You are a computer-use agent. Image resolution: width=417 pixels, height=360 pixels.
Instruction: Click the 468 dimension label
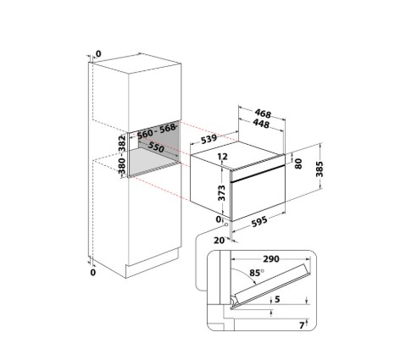tap(263, 114)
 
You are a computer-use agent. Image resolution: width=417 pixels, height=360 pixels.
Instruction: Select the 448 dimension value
tap(261, 124)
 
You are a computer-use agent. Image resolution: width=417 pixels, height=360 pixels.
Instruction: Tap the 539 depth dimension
tap(208, 139)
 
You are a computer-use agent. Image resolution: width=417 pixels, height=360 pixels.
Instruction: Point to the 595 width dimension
tap(259, 222)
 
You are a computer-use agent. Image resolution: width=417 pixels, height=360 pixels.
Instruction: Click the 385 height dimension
tap(320, 169)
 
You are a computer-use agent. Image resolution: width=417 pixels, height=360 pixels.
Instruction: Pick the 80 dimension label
tap(298, 163)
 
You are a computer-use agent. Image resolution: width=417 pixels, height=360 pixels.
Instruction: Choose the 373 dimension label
tap(222, 193)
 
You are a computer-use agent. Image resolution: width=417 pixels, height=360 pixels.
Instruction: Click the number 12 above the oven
tap(223, 157)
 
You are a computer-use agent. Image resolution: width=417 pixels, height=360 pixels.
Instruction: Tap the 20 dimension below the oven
tap(220, 241)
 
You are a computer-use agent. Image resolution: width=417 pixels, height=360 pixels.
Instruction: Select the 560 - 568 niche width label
tap(156, 131)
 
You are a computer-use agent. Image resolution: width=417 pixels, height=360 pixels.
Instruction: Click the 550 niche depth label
tap(156, 147)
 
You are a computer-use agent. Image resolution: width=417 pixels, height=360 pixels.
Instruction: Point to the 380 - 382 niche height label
tap(122, 155)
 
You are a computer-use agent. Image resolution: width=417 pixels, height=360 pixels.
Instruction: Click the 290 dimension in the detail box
tap(271, 259)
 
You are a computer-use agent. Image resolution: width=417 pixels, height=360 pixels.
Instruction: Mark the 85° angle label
tap(257, 273)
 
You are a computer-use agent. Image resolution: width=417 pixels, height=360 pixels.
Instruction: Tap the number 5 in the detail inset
tap(277, 299)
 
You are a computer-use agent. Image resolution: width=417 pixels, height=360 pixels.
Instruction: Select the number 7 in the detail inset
tap(302, 325)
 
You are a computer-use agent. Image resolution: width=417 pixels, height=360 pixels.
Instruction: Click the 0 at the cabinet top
tap(98, 53)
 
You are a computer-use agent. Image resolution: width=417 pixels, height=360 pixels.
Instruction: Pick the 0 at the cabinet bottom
tap(93, 273)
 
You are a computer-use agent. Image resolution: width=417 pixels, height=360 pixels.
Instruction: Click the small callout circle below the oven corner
tap(226, 224)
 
